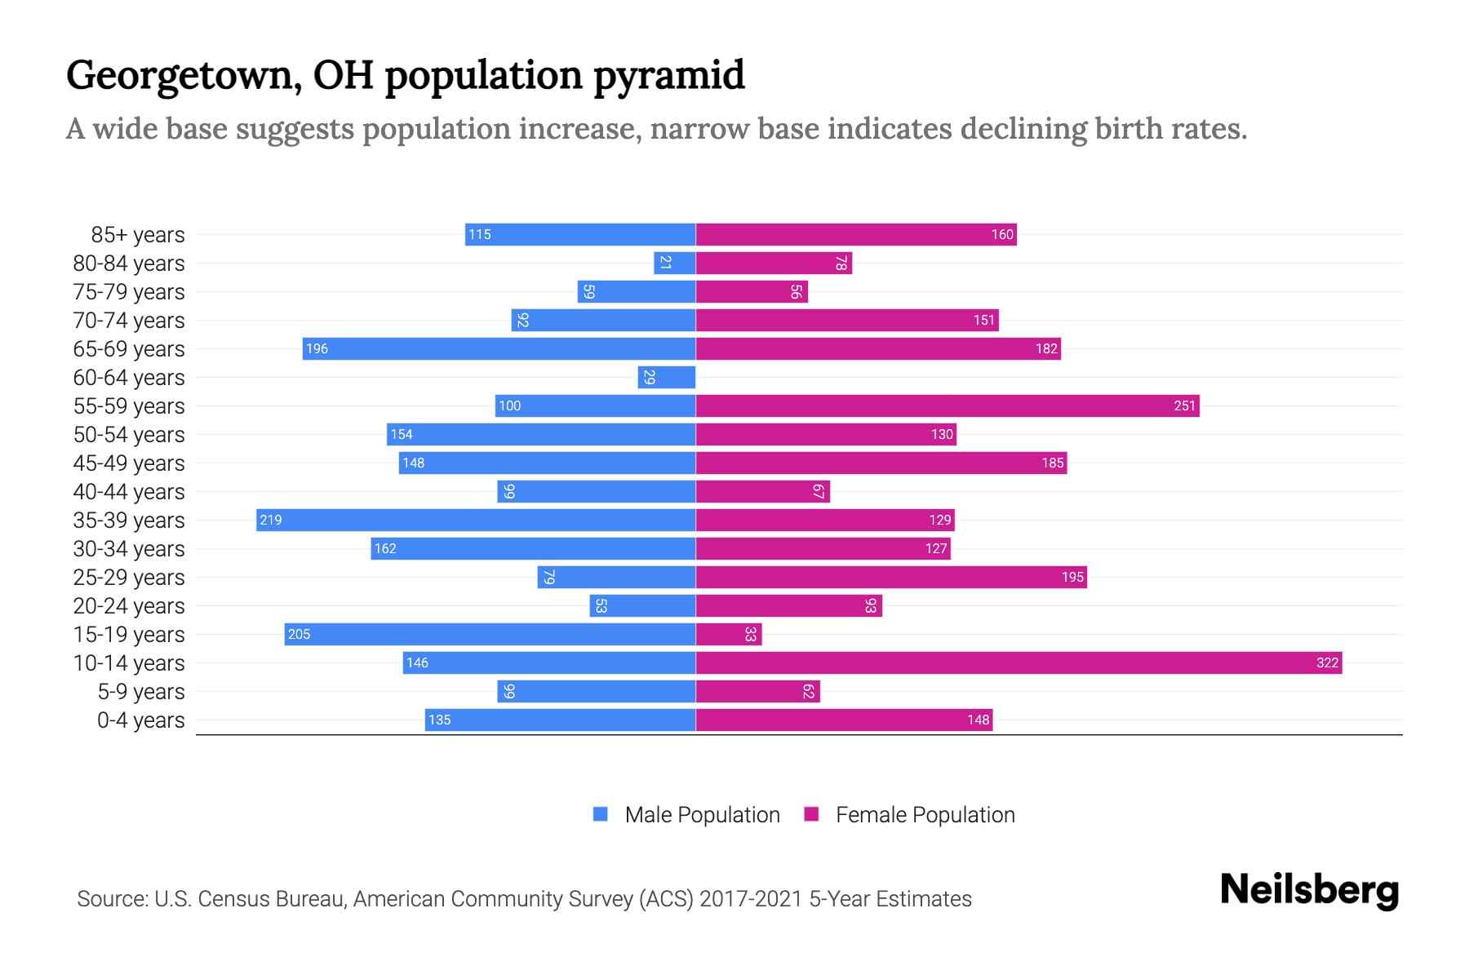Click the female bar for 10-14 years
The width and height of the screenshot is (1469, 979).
tap(1019, 662)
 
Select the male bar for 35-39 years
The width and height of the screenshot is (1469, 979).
tap(476, 520)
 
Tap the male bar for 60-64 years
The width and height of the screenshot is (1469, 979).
tap(667, 377)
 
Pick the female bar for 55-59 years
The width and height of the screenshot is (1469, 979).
tap(947, 405)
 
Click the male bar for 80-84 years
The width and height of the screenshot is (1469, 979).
tap(675, 263)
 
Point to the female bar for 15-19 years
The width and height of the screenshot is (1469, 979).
tap(728, 634)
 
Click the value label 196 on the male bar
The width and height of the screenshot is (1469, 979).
tap(317, 349)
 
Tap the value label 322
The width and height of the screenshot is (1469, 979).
tap(1327, 662)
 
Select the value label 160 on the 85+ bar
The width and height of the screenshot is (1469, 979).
tap(1002, 235)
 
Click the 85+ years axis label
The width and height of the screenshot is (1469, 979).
tap(138, 235)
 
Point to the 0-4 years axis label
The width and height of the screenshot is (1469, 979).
tap(140, 720)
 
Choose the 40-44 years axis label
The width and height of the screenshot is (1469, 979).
tap(129, 492)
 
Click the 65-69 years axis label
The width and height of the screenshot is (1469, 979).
tap(129, 349)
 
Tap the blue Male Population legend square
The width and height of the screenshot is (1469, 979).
tap(601, 814)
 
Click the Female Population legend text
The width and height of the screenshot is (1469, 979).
tap(925, 815)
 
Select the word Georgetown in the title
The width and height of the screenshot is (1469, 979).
tap(180, 76)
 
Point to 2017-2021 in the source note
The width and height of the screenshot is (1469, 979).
tap(751, 899)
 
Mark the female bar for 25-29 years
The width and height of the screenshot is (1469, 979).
tap(891, 577)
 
